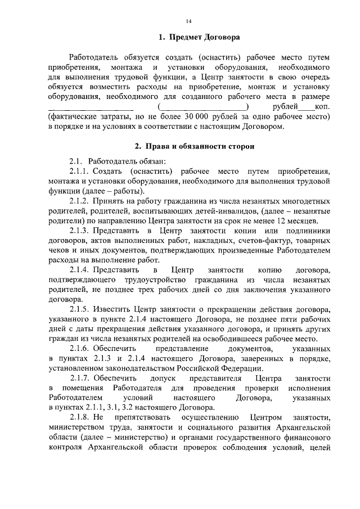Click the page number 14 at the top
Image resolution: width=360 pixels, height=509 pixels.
[189, 21]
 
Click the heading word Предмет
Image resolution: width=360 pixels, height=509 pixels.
[186, 38]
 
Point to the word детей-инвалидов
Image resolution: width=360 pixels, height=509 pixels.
[191, 210]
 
